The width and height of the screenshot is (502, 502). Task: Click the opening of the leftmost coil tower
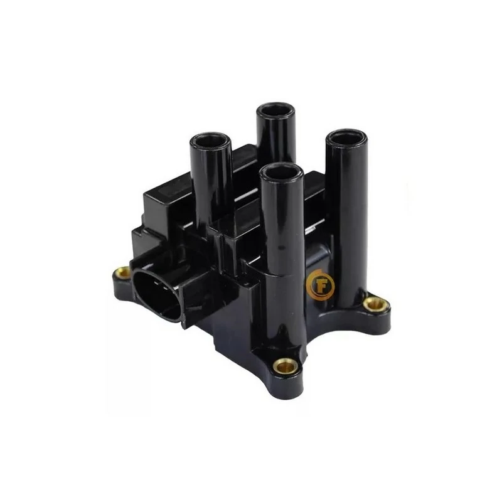[211, 141]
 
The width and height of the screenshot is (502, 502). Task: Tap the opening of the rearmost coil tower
[275, 110]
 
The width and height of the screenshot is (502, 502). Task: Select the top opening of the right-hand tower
[347, 137]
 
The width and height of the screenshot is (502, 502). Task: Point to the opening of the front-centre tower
[281, 171]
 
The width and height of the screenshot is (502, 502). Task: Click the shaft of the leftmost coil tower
[211, 186]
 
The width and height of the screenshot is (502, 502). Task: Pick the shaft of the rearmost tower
[276, 137]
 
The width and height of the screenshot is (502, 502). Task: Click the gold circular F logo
[320, 285]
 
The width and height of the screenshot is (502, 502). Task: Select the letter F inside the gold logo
[321, 286]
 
